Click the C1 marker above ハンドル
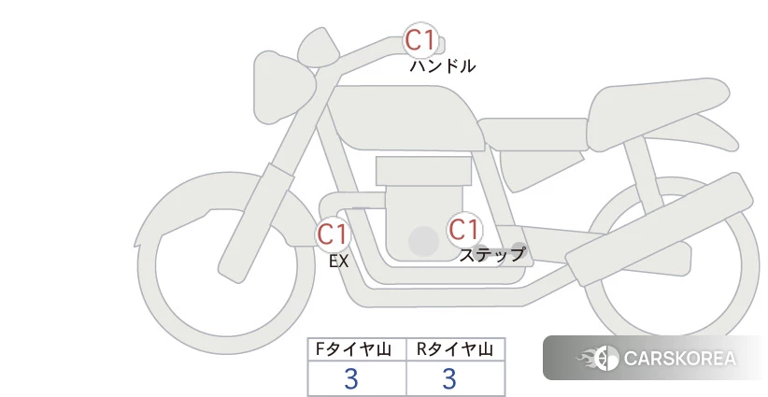pyautogui.click(x=420, y=40)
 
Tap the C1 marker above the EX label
pyautogui.click(x=333, y=234)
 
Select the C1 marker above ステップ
pyautogui.click(x=463, y=229)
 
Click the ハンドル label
pyautogui.click(x=442, y=66)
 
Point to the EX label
pyautogui.click(x=338, y=262)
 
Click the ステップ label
pyautogui.click(x=491, y=255)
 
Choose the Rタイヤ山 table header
pyautogui.click(x=455, y=349)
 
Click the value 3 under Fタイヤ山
pyautogui.click(x=350, y=378)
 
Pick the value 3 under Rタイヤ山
pyautogui.click(x=449, y=378)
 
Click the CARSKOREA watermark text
pyautogui.click(x=680, y=359)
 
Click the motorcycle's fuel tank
pyautogui.click(x=405, y=118)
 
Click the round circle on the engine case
pyautogui.click(x=423, y=241)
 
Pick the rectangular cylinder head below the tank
pyautogui.click(x=423, y=171)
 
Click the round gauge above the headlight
pyautogui.click(x=319, y=47)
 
